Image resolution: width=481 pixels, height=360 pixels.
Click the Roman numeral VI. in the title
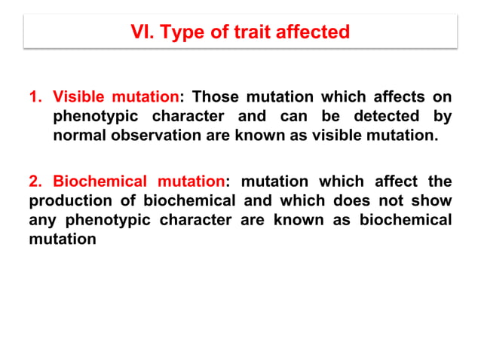(142, 32)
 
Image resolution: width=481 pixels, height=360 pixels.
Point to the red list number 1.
(35, 97)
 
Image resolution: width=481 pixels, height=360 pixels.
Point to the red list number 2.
(35, 182)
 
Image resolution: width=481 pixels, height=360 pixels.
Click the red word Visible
(78, 97)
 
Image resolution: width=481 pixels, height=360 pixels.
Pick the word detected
(372, 117)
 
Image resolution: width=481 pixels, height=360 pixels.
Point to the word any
(43, 221)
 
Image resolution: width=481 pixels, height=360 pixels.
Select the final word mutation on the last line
(63, 240)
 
